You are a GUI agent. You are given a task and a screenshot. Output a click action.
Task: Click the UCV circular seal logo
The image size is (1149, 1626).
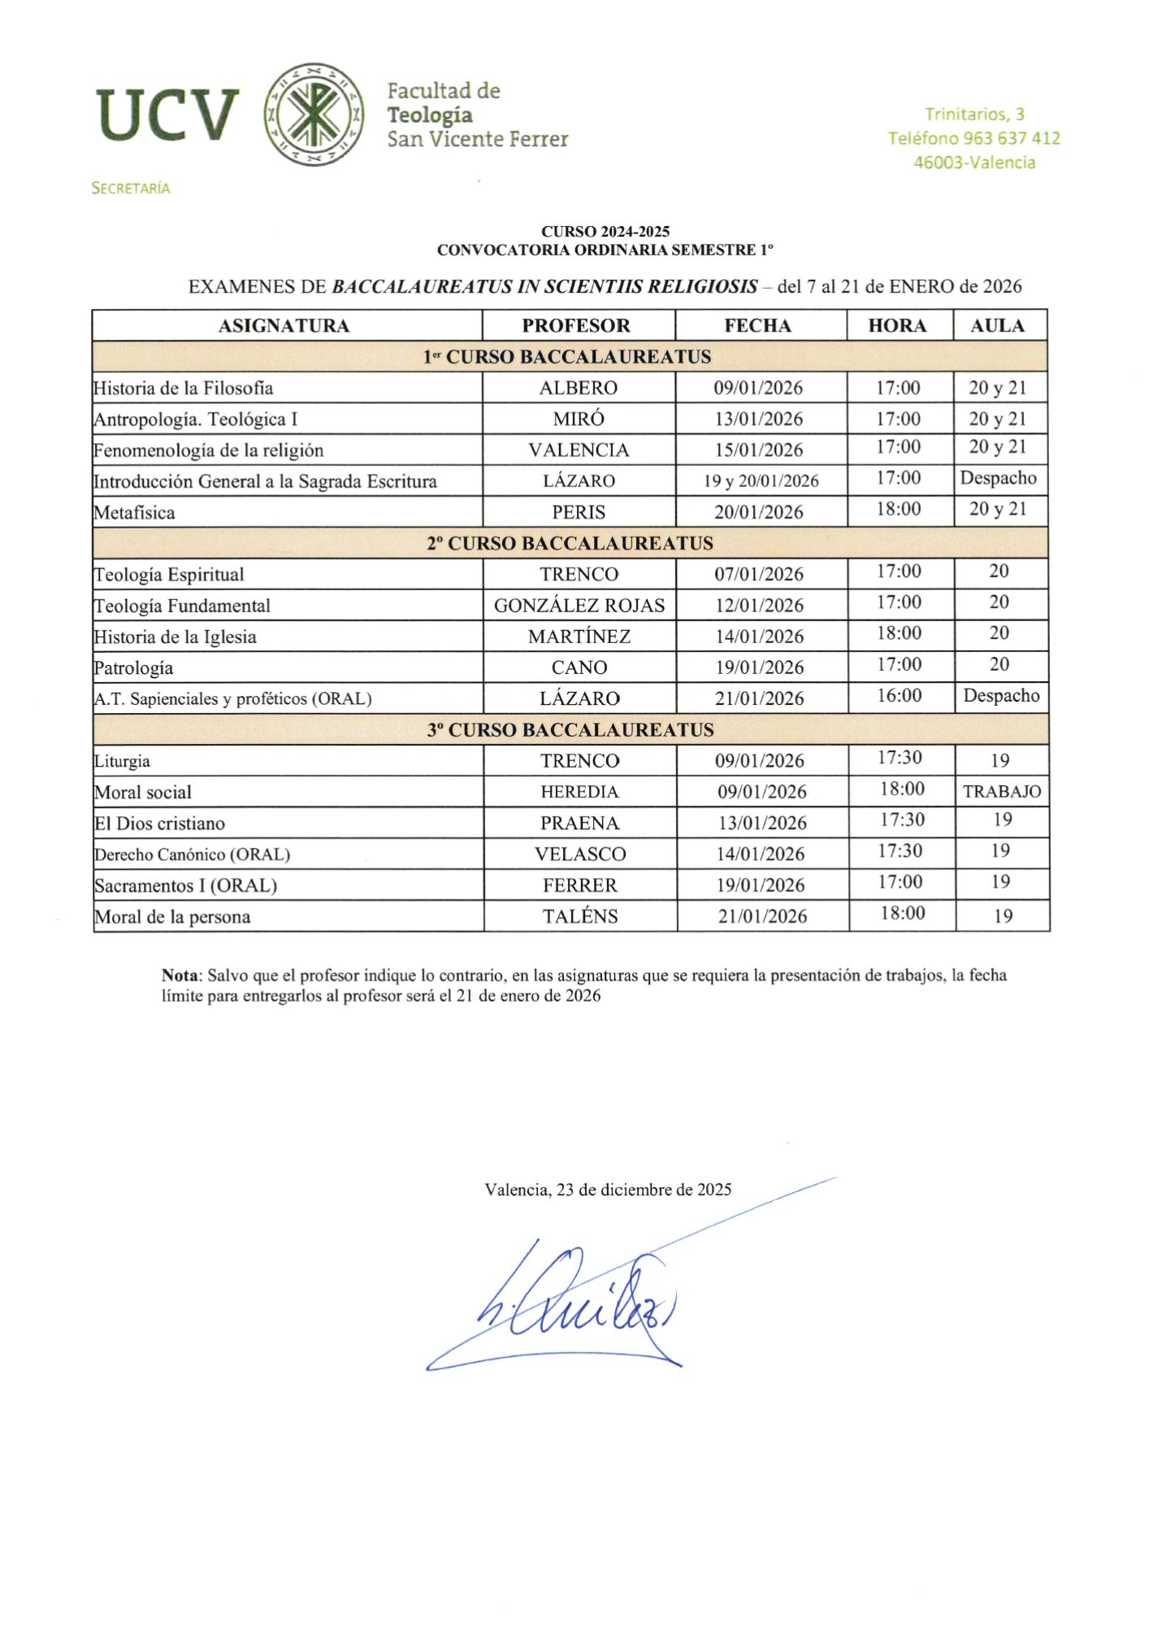click(314, 115)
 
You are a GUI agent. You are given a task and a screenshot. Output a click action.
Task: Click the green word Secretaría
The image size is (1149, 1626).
click(131, 188)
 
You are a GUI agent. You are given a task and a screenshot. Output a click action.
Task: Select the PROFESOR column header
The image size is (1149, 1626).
click(576, 325)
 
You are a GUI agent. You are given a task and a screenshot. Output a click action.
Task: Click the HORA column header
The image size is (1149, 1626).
click(897, 325)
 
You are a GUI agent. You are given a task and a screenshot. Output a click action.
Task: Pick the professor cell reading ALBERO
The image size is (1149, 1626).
click(579, 388)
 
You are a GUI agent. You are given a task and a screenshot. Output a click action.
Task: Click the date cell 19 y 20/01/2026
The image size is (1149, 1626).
click(761, 481)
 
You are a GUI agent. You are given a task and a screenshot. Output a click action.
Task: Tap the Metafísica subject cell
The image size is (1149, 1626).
click(135, 512)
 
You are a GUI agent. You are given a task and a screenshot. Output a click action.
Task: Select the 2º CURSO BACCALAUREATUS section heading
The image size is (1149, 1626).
click(570, 543)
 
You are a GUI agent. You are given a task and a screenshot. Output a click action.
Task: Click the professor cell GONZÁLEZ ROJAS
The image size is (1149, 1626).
click(579, 606)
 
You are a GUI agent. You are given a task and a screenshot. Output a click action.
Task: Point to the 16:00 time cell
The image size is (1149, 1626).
click(900, 696)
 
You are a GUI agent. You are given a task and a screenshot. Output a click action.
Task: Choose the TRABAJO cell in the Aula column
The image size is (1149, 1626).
click(1002, 791)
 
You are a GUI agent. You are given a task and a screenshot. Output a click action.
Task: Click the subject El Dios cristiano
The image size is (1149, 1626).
click(160, 824)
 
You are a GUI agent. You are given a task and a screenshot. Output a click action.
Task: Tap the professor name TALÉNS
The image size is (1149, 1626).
click(580, 916)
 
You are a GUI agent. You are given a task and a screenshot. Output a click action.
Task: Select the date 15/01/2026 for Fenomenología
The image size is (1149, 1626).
click(759, 450)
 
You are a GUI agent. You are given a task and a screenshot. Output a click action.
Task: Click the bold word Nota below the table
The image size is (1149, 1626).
click(180, 975)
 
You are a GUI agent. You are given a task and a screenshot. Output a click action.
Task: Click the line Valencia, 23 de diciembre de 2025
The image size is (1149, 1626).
click(608, 1189)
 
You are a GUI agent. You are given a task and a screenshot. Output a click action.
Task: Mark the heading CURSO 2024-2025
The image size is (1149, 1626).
click(605, 232)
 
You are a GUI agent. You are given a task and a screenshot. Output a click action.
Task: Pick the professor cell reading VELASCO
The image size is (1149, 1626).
click(580, 854)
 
